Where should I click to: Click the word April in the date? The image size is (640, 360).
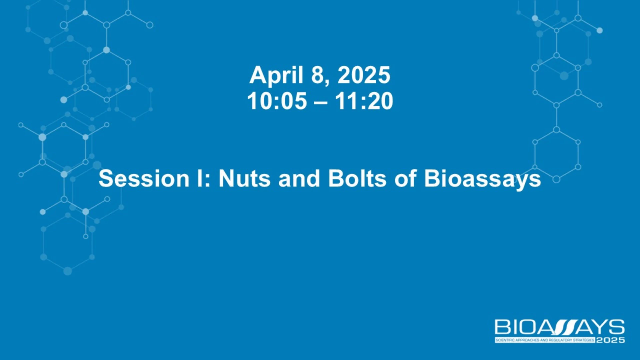(x=276, y=76)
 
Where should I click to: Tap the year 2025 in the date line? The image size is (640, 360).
(x=364, y=75)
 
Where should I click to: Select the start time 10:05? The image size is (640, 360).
(x=277, y=101)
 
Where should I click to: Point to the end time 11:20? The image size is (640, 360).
(x=364, y=101)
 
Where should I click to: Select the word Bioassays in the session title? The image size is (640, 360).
(x=482, y=180)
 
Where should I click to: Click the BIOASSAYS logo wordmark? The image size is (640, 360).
(x=560, y=327)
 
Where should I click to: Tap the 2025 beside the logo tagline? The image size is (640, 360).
(x=610, y=340)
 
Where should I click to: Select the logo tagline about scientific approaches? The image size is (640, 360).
(x=545, y=340)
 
